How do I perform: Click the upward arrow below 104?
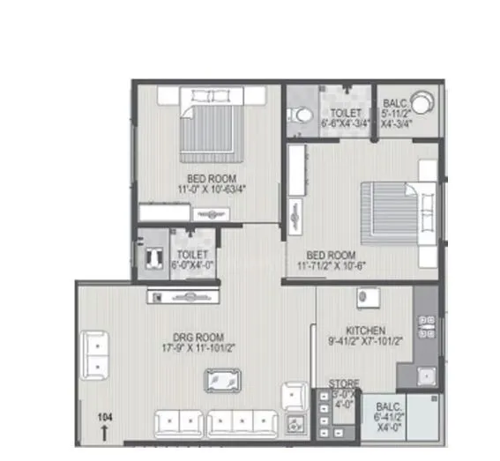(106, 431)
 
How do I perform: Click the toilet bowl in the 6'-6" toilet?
(300, 114)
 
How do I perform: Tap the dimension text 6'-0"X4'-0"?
(191, 264)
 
